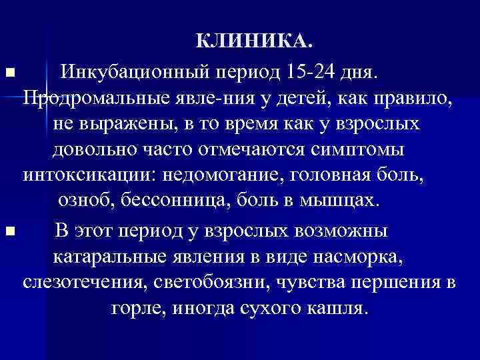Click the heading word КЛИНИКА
(253, 43)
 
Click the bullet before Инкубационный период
(8, 71)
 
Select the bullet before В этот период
(8, 231)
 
